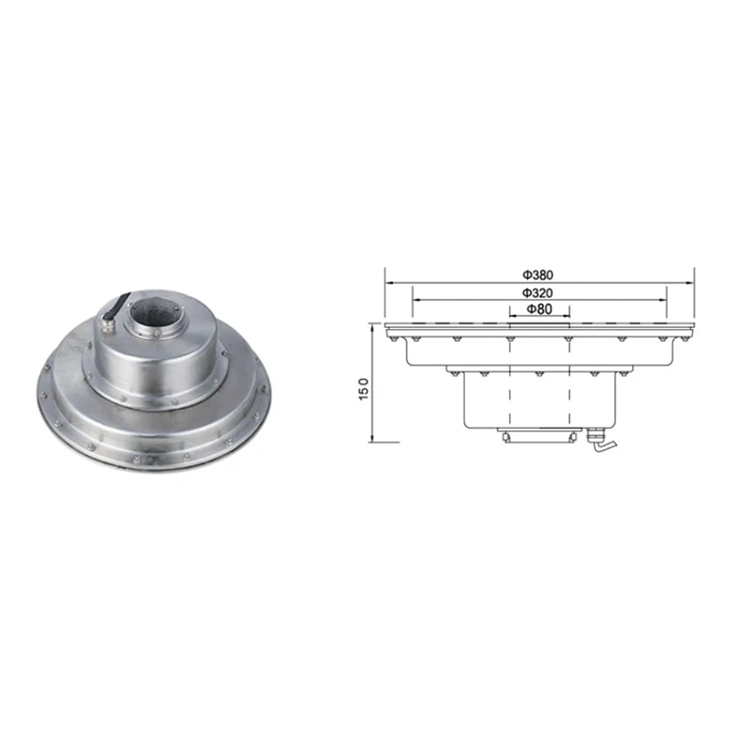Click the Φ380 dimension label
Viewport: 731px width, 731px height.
pyautogui.click(x=539, y=273)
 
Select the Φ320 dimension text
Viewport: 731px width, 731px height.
pyautogui.click(x=539, y=292)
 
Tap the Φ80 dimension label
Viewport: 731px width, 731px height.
pyautogui.click(x=539, y=309)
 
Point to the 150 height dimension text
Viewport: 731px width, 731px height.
pyautogui.click(x=364, y=387)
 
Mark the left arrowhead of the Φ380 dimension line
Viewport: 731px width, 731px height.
pyautogui.click(x=388, y=280)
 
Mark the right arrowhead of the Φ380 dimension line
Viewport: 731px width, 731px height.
pyautogui.click(x=691, y=280)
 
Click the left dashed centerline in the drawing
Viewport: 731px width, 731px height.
pyautogui.click(x=509, y=384)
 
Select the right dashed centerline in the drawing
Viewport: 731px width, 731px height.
pyautogui.click(x=571, y=384)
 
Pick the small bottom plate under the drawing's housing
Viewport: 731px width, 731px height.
pyautogui.click(x=539, y=435)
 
